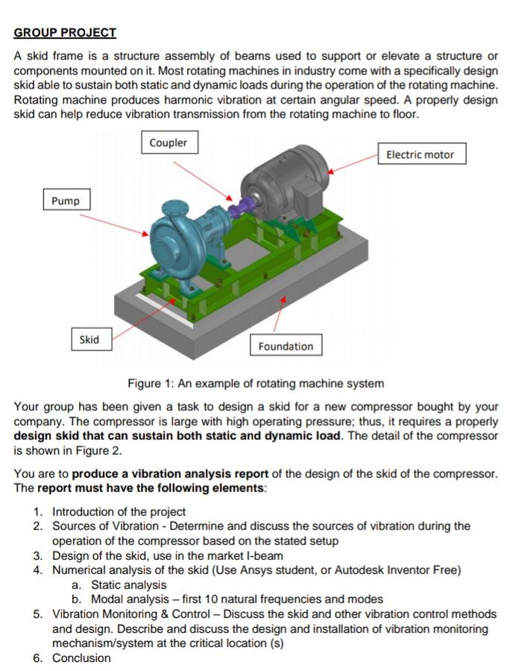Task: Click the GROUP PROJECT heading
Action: tap(65, 33)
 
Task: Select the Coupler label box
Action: tap(169, 142)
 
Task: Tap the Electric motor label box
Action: tap(421, 154)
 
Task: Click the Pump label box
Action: tap(66, 201)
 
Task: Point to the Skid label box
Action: tap(89, 339)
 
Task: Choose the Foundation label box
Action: tap(286, 346)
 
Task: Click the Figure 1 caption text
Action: tap(256, 383)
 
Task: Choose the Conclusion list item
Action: tap(81, 658)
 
